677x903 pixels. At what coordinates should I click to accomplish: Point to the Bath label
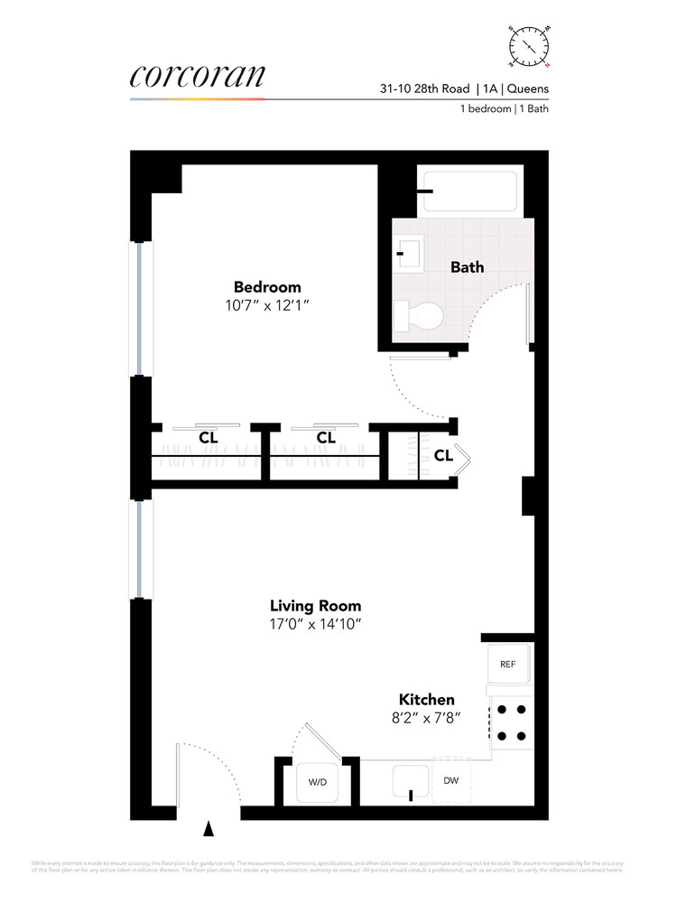[x=467, y=267]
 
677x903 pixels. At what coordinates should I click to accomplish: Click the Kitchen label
[x=427, y=699]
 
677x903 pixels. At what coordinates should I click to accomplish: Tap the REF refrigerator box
[x=506, y=665]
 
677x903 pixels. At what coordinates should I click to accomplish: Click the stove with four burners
[x=510, y=723]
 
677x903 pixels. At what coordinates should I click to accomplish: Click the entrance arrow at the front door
[x=209, y=827]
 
